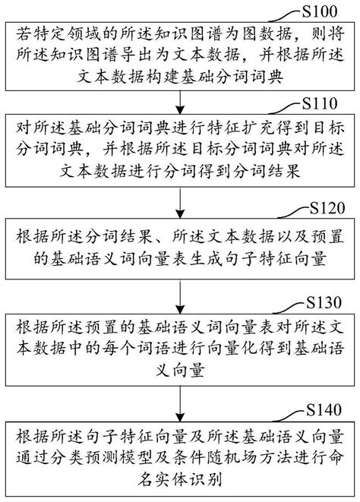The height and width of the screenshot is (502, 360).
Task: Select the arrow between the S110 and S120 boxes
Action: point(180,200)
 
